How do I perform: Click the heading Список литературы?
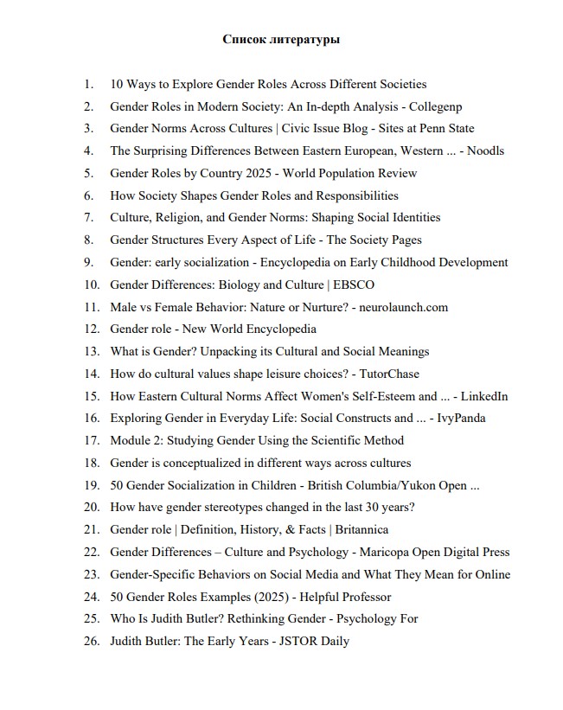click(x=281, y=39)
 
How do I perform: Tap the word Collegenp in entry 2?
click(x=434, y=106)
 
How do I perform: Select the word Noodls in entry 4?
click(x=486, y=150)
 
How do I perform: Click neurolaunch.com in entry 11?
click(x=407, y=307)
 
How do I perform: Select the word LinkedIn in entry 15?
click(x=484, y=396)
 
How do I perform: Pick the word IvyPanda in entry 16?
click(x=461, y=419)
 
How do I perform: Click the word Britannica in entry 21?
click(x=360, y=529)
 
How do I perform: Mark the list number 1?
click(x=89, y=84)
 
